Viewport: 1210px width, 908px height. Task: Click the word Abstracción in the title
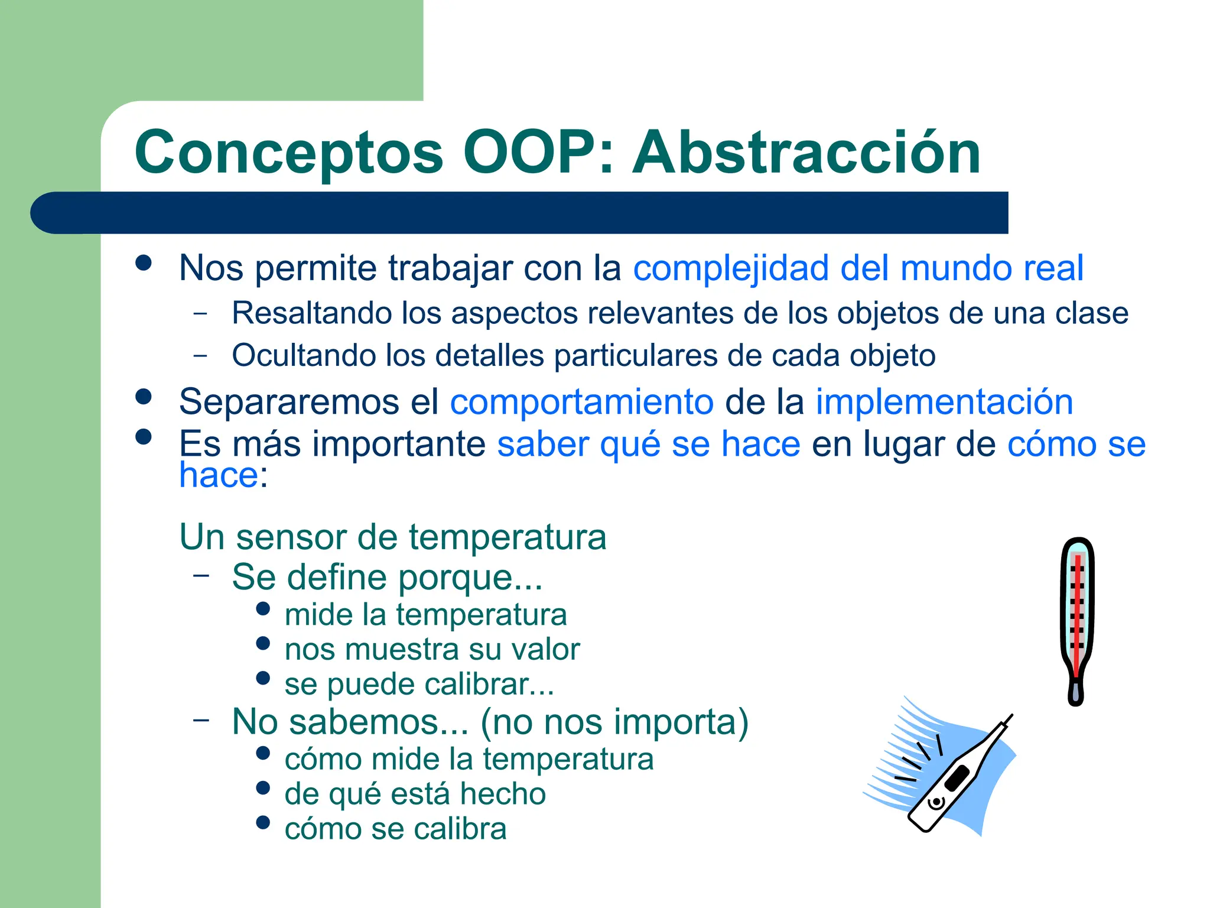tap(806, 153)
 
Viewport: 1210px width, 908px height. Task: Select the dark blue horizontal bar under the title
tap(520, 213)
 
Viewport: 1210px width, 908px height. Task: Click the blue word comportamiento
tap(581, 403)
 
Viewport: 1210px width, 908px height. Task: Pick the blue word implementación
tap(944, 403)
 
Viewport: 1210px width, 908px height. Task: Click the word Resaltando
tap(311, 313)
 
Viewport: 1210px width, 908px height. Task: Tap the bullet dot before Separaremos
tap(144, 397)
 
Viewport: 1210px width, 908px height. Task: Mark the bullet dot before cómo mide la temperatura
tap(264, 753)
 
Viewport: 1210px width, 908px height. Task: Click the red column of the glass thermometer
tap(1077, 615)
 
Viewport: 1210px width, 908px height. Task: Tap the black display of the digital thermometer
tap(957, 778)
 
